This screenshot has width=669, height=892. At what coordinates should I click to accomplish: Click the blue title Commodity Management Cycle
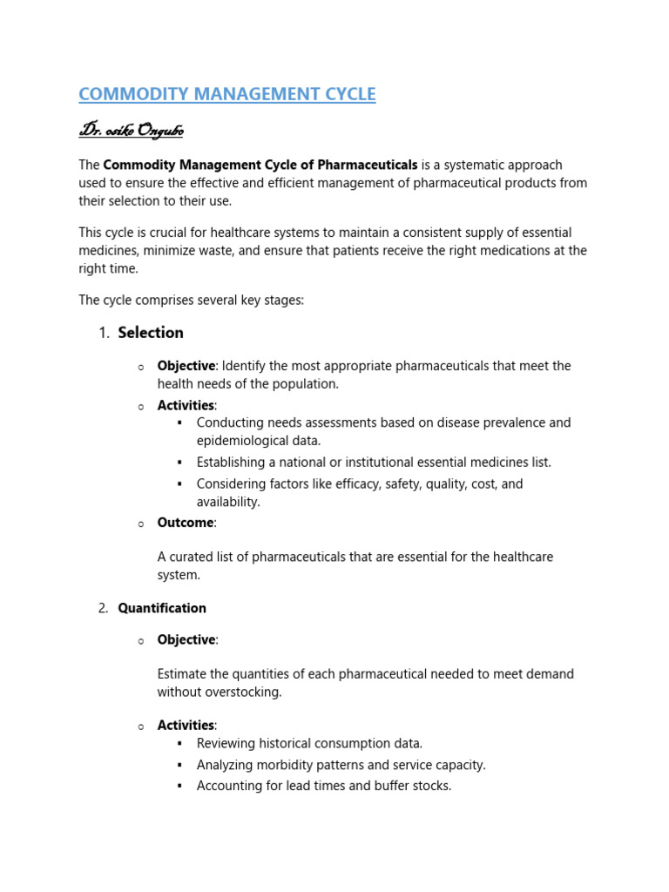[x=227, y=94]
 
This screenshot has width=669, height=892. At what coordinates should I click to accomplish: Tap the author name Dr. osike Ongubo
[x=132, y=131]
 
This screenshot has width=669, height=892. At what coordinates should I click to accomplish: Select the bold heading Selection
[x=151, y=332]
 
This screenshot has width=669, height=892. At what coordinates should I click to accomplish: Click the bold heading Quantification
[x=162, y=608]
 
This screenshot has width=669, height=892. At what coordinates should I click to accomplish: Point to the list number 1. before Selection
[x=104, y=333]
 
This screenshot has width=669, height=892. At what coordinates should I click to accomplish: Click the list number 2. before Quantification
[x=104, y=608]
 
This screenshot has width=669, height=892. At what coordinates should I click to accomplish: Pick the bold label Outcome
[x=186, y=523]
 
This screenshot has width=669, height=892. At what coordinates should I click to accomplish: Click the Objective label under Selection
[x=186, y=366]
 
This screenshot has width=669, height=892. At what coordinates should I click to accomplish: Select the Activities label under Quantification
[x=186, y=725]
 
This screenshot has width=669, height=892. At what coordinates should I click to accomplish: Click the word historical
[x=284, y=743]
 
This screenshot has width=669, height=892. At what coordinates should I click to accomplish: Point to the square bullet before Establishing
[x=179, y=463]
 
